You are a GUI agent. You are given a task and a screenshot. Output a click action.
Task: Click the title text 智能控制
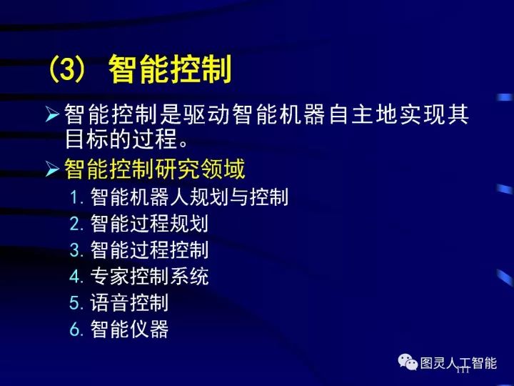coord(171,71)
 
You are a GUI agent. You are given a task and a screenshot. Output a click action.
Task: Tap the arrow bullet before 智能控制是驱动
coord(53,114)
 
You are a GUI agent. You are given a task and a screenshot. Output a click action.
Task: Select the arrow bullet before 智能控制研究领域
coord(53,169)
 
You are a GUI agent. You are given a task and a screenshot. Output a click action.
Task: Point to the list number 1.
coord(76,197)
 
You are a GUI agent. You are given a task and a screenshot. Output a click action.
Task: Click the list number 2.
coord(77,224)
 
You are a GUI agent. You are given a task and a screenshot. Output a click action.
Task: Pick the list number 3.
coord(77,250)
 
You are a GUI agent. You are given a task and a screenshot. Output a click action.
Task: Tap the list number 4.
coord(77,276)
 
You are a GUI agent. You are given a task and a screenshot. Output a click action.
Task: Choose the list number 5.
coord(77,302)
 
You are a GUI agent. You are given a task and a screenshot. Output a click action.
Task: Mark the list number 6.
coord(77,329)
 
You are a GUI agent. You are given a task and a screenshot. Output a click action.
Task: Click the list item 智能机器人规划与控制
coord(189,197)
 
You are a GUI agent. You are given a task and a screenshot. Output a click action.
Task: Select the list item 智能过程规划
coord(149,223)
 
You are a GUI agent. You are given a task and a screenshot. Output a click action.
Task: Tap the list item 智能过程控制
coord(149,249)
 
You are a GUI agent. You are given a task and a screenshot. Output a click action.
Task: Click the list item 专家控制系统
coord(149,276)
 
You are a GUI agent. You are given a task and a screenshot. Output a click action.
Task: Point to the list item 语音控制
coord(129,302)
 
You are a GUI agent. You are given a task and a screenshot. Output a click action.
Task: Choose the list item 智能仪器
coord(129,329)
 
